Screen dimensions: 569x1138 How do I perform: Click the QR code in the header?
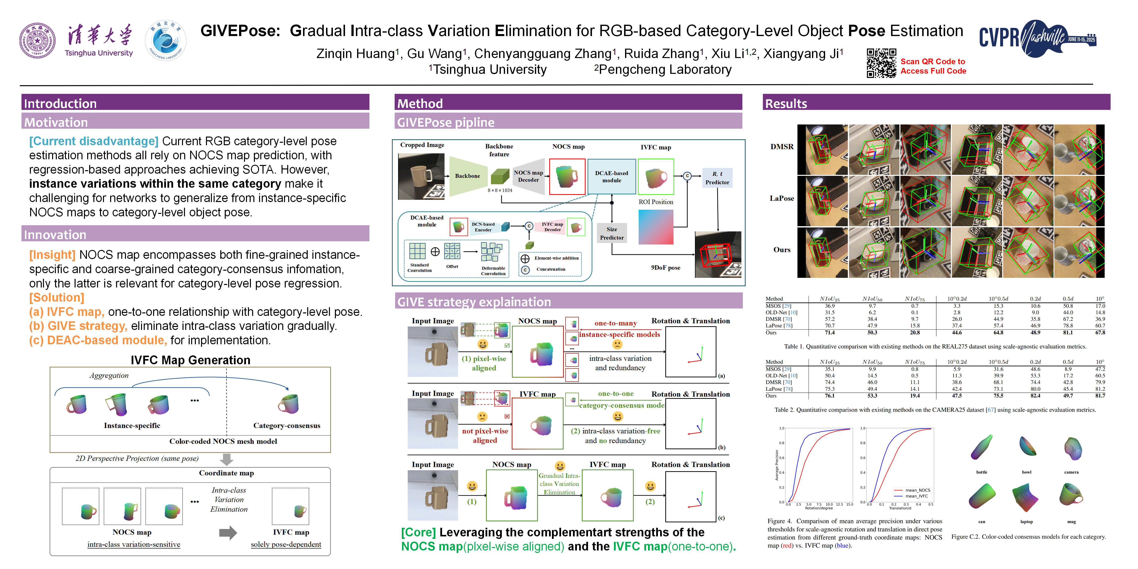881,63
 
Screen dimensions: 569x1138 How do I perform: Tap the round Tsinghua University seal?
38,41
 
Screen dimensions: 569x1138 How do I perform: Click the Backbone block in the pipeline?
467,176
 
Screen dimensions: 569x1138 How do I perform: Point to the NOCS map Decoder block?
528,176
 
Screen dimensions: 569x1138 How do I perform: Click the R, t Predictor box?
717,178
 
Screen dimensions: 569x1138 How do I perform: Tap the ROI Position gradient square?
656,227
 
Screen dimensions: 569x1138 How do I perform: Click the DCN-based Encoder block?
483,227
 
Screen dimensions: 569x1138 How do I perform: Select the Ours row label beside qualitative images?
781,250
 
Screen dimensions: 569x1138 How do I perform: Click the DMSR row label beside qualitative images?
781,147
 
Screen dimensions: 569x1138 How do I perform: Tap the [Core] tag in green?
418,532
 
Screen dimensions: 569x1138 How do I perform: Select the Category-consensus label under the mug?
286,426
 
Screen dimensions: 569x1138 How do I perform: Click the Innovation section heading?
55,235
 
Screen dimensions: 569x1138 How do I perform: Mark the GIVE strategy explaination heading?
474,302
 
